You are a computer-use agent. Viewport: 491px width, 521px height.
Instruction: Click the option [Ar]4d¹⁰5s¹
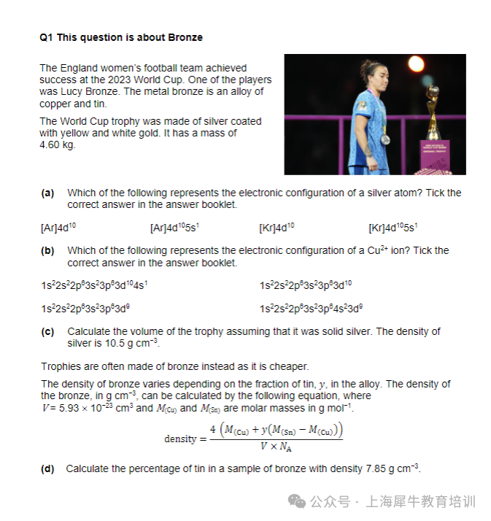[174, 228]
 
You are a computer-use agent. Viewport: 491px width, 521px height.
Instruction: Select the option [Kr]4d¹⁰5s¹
[393, 228]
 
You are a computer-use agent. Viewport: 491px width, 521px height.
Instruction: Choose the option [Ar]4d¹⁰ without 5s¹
[58, 228]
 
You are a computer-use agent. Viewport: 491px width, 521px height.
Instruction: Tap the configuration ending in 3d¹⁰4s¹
[96, 285]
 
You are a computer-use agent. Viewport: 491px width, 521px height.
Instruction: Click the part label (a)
[47, 193]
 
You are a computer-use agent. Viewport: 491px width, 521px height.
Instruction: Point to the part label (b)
[47, 251]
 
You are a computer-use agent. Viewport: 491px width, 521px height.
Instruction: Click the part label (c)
[47, 331]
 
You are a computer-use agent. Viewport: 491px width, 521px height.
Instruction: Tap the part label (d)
[47, 468]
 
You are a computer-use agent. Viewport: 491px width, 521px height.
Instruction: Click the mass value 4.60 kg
[57, 144]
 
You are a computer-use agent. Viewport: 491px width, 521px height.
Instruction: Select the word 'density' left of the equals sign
[180, 439]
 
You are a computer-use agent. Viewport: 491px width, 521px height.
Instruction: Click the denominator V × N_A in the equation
[276, 447]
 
